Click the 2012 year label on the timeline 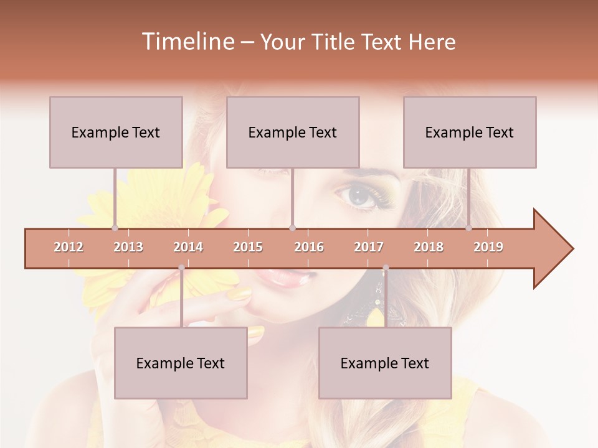click(69, 247)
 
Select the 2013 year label click(128, 247)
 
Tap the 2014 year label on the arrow click(188, 247)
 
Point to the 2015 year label click(248, 247)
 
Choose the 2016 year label click(309, 247)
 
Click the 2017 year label click(369, 247)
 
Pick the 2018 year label click(429, 247)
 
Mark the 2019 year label click(488, 247)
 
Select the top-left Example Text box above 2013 click(116, 132)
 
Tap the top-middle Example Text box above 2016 click(293, 132)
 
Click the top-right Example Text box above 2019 click(470, 132)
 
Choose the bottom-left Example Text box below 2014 click(181, 363)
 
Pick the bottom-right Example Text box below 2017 click(385, 363)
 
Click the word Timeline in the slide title click(187, 42)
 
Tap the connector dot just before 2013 click(115, 228)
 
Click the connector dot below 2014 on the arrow click(181, 268)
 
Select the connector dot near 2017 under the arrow click(386, 268)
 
